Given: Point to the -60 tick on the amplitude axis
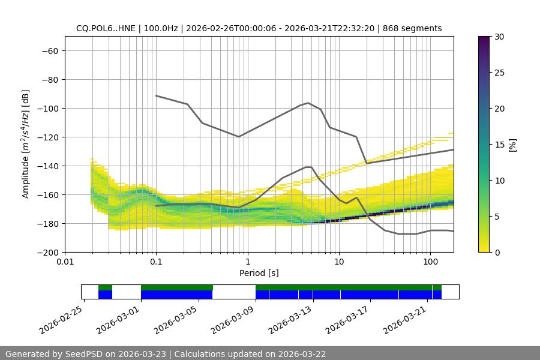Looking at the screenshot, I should [49, 50].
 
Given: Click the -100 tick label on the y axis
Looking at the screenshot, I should [47, 108].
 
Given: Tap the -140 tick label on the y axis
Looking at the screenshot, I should [47, 166].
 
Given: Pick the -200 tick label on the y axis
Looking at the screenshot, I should [47, 252].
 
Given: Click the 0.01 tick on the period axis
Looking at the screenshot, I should [65, 262].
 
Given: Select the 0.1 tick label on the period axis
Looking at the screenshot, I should [156, 262].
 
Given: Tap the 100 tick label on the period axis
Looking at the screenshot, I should [430, 262].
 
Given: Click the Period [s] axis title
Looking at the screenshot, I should [259, 273].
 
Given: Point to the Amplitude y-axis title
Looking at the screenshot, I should [25, 144].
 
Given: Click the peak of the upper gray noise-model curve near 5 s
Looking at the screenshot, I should [308, 103].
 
